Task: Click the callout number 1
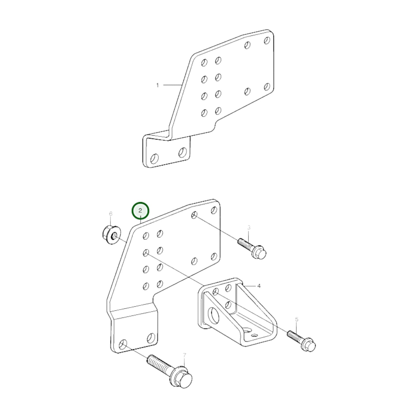157,85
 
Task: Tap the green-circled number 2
140,211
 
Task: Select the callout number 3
249,228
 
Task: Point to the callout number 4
259,286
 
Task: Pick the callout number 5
297,319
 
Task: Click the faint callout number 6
111,214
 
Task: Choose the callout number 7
185,355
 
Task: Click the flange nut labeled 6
111,235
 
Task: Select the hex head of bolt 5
308,345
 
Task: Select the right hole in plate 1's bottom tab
182,152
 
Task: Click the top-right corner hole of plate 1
267,40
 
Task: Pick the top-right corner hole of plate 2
214,210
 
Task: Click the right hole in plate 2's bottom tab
150,338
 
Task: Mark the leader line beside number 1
172,85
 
